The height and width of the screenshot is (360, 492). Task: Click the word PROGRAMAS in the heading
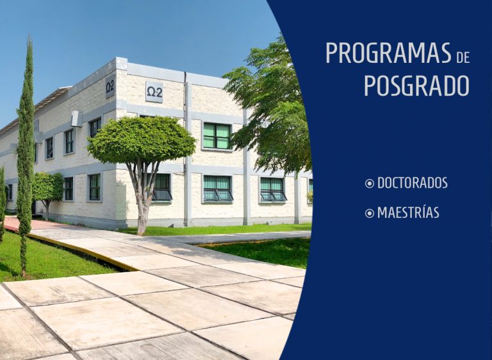tap(388, 53)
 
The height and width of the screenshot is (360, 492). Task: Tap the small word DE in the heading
tap(463, 58)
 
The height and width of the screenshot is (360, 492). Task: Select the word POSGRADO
tap(416, 85)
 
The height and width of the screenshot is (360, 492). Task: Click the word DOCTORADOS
tap(413, 183)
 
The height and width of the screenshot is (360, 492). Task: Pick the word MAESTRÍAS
tap(408, 213)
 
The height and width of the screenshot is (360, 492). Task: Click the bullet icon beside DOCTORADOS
tap(370, 183)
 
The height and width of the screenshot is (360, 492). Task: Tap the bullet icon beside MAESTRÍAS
tap(370, 213)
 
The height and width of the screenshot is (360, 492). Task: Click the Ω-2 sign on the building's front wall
tap(154, 92)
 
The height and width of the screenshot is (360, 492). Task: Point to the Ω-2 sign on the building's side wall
tap(110, 86)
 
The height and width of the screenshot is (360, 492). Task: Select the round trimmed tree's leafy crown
tap(141, 139)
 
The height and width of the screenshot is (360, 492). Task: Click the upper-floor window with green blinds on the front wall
tap(217, 136)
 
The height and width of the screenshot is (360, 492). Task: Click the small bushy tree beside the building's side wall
tap(47, 188)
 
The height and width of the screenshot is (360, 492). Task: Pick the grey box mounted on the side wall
tap(76, 119)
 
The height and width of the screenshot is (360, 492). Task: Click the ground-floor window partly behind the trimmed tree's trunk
tap(161, 187)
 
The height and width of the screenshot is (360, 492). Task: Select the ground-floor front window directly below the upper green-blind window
tap(218, 188)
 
